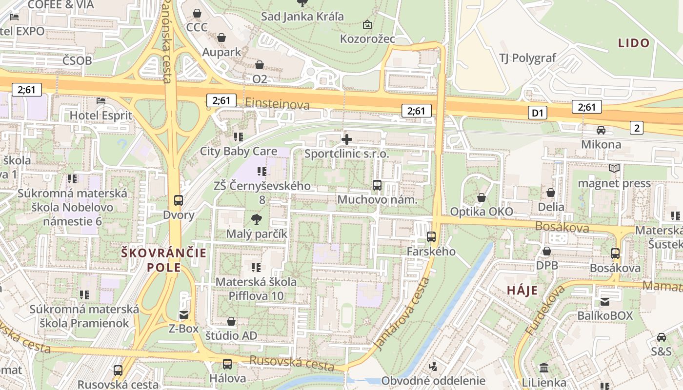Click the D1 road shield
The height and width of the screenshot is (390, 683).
point(537,113)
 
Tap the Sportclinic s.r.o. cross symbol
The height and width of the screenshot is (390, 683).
point(347,139)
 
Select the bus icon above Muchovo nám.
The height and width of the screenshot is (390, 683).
point(377,185)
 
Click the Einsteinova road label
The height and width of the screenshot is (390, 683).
point(277,104)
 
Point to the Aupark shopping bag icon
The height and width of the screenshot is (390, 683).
point(221,38)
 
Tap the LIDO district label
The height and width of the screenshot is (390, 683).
point(634,43)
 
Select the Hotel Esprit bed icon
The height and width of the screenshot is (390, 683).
point(101,101)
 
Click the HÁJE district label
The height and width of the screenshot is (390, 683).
point(522,291)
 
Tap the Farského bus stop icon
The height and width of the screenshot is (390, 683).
point(431,237)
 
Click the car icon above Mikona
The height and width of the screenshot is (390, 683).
point(601,130)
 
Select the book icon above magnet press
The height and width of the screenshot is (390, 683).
point(614,169)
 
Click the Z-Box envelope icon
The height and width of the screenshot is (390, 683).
point(184,314)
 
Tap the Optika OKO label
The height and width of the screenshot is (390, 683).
point(481,212)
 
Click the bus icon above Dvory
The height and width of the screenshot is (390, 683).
point(179,200)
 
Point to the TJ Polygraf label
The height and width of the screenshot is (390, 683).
point(527,58)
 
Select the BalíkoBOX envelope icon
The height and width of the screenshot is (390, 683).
point(605,301)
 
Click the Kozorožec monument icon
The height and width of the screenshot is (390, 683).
point(367,24)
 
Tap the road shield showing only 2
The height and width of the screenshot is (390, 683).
point(636,128)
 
